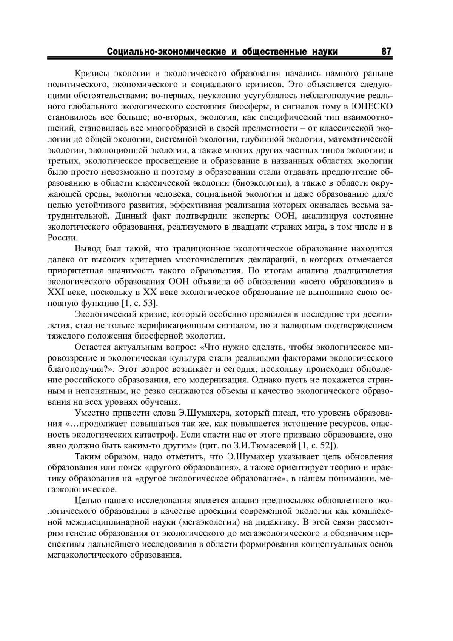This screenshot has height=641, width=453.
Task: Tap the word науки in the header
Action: pyautogui.click(x=325, y=52)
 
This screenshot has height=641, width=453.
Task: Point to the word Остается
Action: pyautogui.click(x=91, y=347)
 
